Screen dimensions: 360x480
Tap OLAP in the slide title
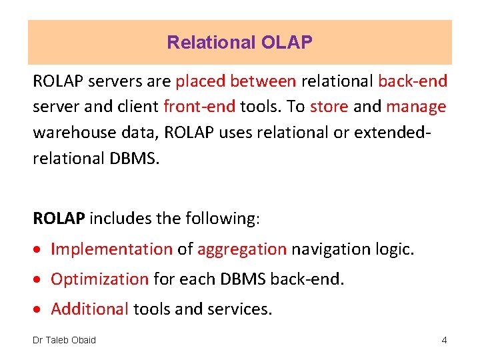click(x=286, y=43)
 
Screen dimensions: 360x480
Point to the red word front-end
click(x=199, y=107)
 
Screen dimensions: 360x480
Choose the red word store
click(x=329, y=107)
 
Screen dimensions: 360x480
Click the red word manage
click(x=416, y=107)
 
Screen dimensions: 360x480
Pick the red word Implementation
click(x=111, y=249)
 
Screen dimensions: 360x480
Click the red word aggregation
click(x=242, y=249)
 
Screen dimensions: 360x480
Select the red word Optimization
click(x=99, y=279)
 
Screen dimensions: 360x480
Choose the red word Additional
click(x=90, y=309)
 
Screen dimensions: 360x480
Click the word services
click(x=239, y=309)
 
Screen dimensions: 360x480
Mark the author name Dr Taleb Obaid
click(x=65, y=340)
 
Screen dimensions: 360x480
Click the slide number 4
click(x=444, y=340)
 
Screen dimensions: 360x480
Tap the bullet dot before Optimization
click(x=40, y=280)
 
